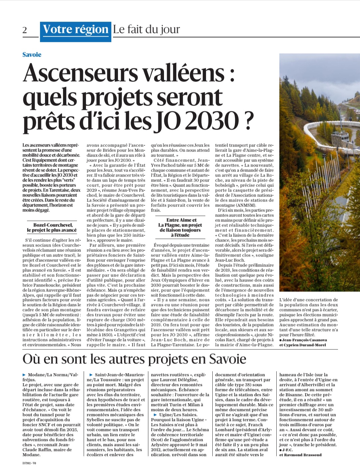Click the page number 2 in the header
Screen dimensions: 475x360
(x=25, y=30)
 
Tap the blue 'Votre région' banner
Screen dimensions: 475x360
(x=75, y=30)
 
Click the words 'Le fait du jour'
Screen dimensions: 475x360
(x=146, y=29)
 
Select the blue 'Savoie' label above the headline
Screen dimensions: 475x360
(x=32, y=55)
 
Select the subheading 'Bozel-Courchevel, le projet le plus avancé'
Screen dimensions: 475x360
(x=52, y=228)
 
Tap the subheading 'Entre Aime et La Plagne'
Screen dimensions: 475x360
(x=180, y=227)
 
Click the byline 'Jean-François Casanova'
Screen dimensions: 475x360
(x=305, y=340)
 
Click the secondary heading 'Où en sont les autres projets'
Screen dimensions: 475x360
(x=134, y=359)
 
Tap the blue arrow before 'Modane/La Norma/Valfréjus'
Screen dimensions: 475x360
(x=24, y=375)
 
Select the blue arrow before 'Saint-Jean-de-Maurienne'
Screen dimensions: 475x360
(x=91, y=375)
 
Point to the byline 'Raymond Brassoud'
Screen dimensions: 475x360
(x=303, y=455)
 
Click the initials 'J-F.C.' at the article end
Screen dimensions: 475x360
(x=288, y=450)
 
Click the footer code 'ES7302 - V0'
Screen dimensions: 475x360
(x=29, y=463)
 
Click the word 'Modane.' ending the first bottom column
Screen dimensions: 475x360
(x=31, y=455)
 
